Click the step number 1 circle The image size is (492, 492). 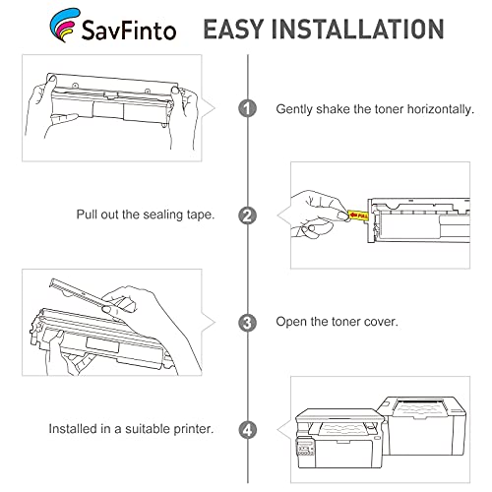click(x=247, y=109)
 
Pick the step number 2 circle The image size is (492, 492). click(x=247, y=215)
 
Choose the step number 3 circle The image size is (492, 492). click(x=247, y=322)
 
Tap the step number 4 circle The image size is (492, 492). click(x=247, y=428)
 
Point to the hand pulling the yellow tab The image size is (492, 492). click(x=317, y=211)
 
